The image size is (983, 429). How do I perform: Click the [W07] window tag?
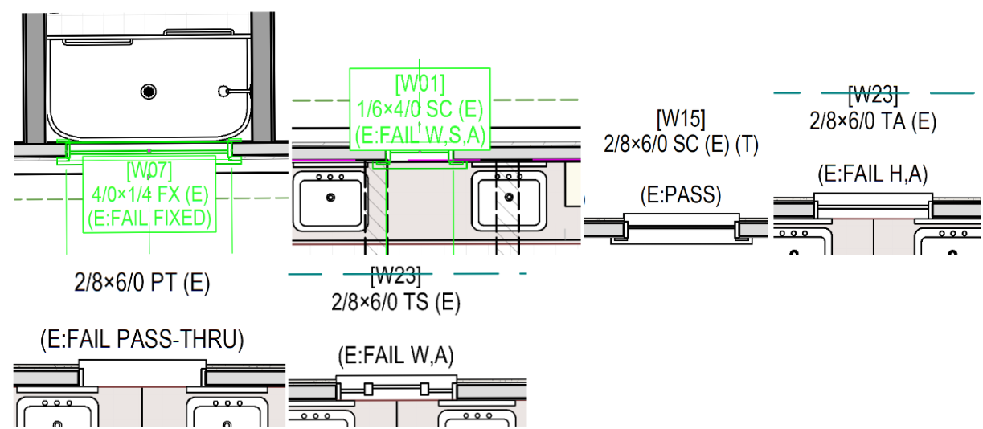(149, 170)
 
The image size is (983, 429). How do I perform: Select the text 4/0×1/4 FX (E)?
(149, 194)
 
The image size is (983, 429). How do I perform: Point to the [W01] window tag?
(420, 84)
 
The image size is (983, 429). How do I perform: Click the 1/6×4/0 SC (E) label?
(420, 108)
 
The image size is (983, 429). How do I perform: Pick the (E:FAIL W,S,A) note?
(420, 134)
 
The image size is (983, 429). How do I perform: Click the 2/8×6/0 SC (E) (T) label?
(681, 145)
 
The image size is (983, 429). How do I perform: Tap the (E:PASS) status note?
(681, 194)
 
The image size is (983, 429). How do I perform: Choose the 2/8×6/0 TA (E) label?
(873, 121)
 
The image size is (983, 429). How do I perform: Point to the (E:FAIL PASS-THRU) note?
(141, 340)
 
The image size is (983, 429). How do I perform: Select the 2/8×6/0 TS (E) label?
(395, 302)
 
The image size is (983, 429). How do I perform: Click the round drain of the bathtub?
(148, 92)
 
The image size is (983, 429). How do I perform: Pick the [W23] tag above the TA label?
(873, 95)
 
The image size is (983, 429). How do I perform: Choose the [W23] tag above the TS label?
(395, 277)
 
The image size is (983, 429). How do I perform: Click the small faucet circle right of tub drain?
(226, 91)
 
